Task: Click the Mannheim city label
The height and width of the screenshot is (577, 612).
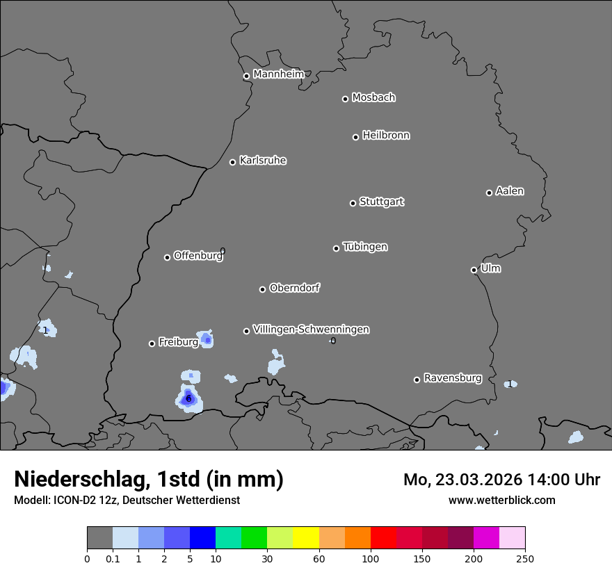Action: pyautogui.click(x=278, y=74)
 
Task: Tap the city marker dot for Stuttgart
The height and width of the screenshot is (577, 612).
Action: pyautogui.click(x=353, y=203)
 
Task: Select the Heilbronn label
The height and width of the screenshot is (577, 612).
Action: pyautogui.click(x=386, y=136)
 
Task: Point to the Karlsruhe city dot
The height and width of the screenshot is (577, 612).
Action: pyautogui.click(x=232, y=162)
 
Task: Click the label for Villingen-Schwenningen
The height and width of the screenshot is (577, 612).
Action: pyautogui.click(x=311, y=330)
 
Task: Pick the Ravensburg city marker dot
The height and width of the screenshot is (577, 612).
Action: pyautogui.click(x=417, y=380)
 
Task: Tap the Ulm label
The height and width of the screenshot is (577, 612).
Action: pyautogui.click(x=490, y=268)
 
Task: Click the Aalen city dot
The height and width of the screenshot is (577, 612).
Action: pyautogui.click(x=489, y=193)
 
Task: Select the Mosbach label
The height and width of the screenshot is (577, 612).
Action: pyautogui.click(x=373, y=98)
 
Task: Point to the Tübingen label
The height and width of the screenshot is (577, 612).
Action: pyautogui.click(x=365, y=247)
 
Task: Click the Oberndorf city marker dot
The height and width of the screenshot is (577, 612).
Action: pyautogui.click(x=262, y=289)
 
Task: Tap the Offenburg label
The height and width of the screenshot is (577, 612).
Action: pyautogui.click(x=198, y=256)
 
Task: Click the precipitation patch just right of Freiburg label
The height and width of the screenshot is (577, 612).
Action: pyautogui.click(x=207, y=339)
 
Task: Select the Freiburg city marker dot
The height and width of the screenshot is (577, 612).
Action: pyautogui.click(x=152, y=343)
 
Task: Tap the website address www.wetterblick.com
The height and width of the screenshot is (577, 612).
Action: pyautogui.click(x=501, y=500)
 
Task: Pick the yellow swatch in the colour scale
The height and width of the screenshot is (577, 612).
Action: pyautogui.click(x=306, y=538)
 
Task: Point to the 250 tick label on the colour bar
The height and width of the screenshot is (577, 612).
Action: pyautogui.click(x=525, y=558)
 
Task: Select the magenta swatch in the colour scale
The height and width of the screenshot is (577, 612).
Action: pyautogui.click(x=486, y=538)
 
